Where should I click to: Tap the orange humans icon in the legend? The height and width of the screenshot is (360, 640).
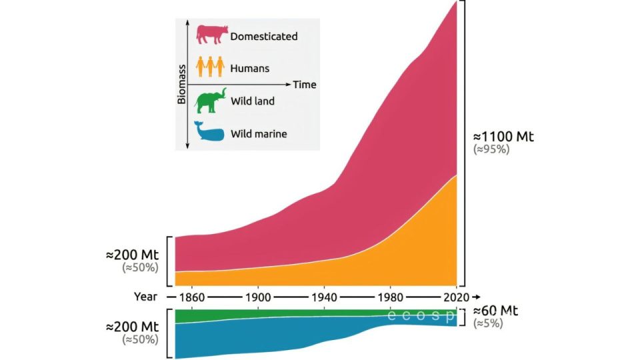[209, 67]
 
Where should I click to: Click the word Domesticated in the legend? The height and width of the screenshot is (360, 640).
[263, 37]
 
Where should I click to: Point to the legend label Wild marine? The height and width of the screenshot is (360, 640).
[259, 134]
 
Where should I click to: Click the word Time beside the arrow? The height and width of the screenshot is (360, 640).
[305, 85]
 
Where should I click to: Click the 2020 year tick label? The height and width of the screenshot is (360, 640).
[456, 297]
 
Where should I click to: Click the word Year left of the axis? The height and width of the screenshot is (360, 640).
[145, 297]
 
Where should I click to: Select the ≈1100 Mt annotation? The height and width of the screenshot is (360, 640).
[504, 137]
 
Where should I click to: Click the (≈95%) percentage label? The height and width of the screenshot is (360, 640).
[491, 150]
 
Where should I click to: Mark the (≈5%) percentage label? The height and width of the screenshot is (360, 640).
[488, 323]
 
